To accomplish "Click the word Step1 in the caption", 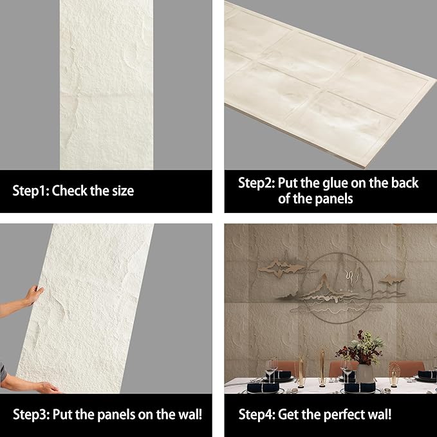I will click(x=30, y=191).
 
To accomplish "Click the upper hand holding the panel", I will click(x=32, y=295).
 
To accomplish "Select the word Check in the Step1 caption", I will click(x=71, y=191).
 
